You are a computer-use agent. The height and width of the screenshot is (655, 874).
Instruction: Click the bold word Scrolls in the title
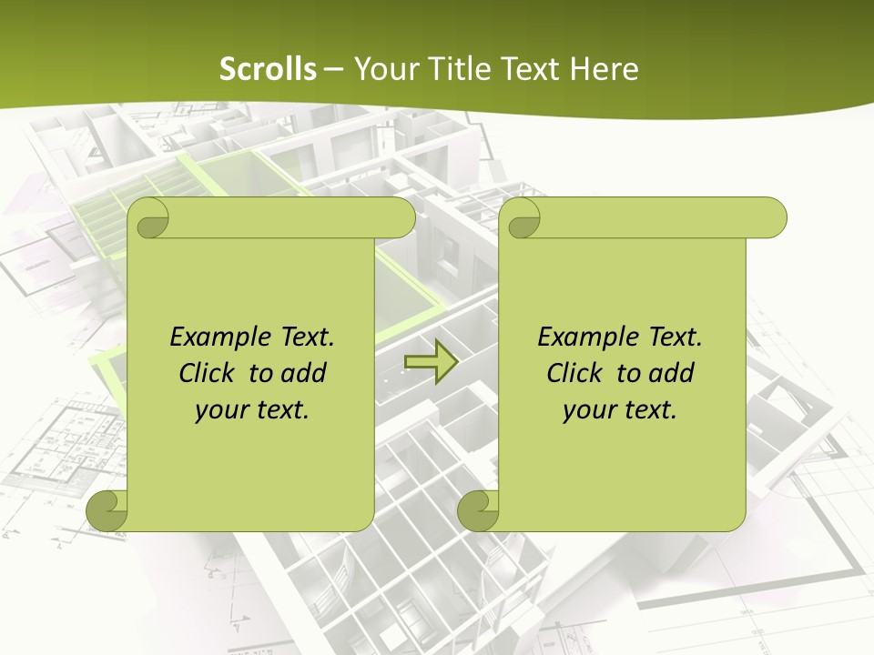point(269,69)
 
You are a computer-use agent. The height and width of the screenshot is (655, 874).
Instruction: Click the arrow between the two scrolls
point(431,364)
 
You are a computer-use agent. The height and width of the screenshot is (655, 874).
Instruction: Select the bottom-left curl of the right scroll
point(478,510)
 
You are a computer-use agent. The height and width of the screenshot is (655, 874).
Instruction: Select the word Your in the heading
point(384,69)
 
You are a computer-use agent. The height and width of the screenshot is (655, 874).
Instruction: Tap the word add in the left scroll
point(304,373)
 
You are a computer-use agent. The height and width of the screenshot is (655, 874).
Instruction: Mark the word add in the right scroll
point(672,373)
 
